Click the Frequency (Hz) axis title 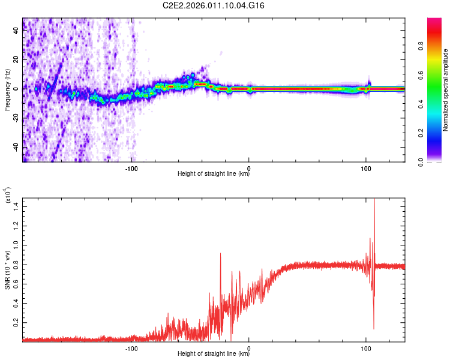[x=7, y=90]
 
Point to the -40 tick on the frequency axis [x=15, y=147]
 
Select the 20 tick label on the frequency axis [x=15, y=60]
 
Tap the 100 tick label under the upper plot [x=365, y=167]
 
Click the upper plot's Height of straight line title [x=214, y=174]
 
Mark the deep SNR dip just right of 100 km [x=374, y=328]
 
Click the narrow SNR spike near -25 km [x=221, y=254]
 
